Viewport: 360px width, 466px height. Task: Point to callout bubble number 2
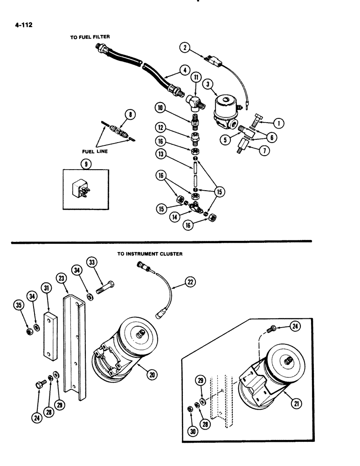(x=186, y=47)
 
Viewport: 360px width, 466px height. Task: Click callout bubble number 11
(x=196, y=76)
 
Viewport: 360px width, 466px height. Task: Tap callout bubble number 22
(x=191, y=281)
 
